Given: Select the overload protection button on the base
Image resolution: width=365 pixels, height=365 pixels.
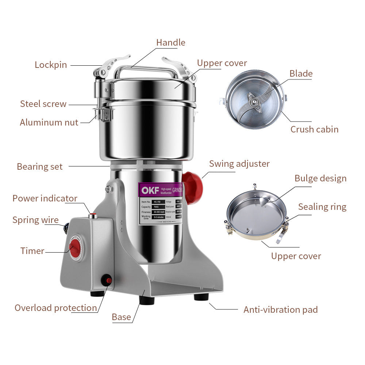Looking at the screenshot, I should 107,281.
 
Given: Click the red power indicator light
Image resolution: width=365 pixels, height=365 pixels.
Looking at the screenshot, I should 93,215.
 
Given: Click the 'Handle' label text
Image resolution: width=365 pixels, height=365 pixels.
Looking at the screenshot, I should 170,43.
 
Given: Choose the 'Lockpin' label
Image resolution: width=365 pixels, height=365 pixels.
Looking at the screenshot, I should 51,65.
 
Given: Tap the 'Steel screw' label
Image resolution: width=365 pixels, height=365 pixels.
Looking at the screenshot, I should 43,104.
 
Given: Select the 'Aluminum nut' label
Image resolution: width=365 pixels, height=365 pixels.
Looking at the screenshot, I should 49,122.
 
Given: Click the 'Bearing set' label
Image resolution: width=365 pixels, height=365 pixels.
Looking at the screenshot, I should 39,167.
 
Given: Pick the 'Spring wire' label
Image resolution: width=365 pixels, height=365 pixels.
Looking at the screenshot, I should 35,220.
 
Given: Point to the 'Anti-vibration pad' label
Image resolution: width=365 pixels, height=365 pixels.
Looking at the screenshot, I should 280,310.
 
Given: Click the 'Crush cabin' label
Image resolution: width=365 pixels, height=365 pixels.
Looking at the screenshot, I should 314,129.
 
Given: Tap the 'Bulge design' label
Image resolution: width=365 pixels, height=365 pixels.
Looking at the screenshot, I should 320,178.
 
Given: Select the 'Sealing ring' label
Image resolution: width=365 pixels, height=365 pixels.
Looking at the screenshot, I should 322,207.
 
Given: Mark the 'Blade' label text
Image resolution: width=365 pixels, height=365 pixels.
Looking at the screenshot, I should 301,74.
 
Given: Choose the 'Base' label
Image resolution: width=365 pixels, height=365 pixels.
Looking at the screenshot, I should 121,317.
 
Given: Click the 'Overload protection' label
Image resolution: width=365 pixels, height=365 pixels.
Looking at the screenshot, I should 56,308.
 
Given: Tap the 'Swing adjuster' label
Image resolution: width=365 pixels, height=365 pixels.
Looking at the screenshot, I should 239,164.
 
